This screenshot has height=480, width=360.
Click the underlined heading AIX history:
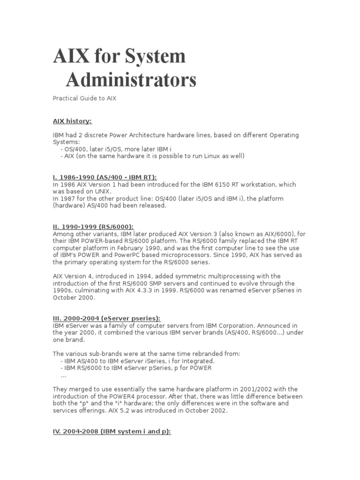72,121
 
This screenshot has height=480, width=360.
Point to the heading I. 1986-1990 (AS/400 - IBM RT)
105,177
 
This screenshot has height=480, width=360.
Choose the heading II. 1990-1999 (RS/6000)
97,226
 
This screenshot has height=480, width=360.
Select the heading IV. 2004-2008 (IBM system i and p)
112,432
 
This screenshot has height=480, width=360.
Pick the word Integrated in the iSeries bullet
195,361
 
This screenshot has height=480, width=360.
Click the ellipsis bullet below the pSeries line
64,375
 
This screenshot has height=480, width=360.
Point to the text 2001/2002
259,390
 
